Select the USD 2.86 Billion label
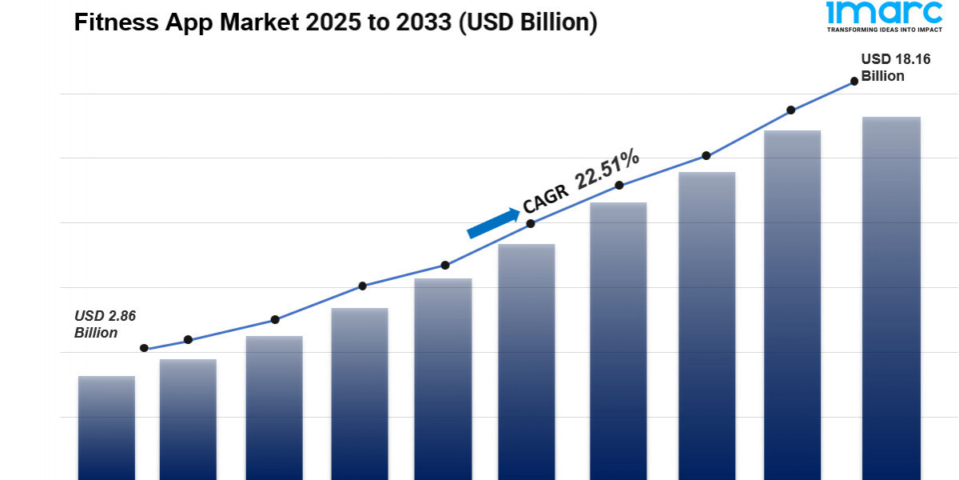coord(105,324)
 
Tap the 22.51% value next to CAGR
coord(607,170)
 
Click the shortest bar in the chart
coord(106,428)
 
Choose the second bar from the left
coord(188,419)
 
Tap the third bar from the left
coord(274,408)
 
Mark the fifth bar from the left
coord(443,379)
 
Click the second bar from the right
coord(792,305)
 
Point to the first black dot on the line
coord(144,348)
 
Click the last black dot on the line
coord(854,81)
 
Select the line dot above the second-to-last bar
coord(791,110)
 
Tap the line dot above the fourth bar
coord(362,286)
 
